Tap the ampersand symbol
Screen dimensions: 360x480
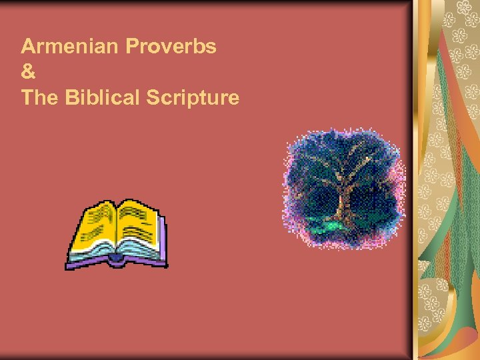coord(27,72)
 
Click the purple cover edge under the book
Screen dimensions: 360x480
coord(117,264)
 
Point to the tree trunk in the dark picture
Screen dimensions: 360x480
coord(345,200)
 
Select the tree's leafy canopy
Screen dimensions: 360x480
coord(343,160)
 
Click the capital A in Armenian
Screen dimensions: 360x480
coord(28,47)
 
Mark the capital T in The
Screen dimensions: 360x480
coord(27,97)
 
